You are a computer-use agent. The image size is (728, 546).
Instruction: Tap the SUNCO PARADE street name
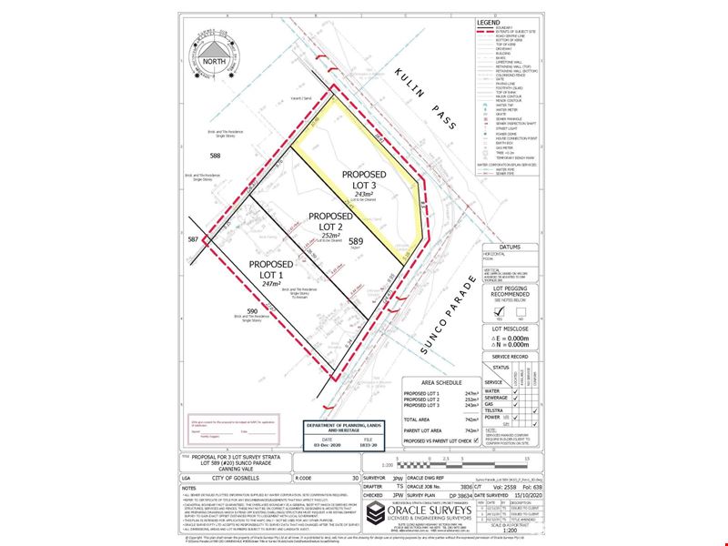click(452, 312)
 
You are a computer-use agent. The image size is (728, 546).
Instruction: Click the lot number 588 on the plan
click(216, 157)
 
